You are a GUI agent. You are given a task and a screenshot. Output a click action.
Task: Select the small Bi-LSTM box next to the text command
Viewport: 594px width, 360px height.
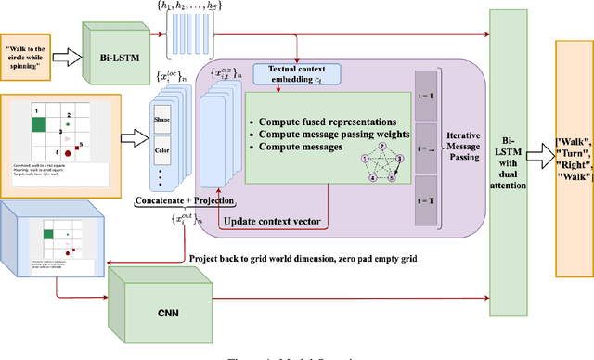pos(114,58)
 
